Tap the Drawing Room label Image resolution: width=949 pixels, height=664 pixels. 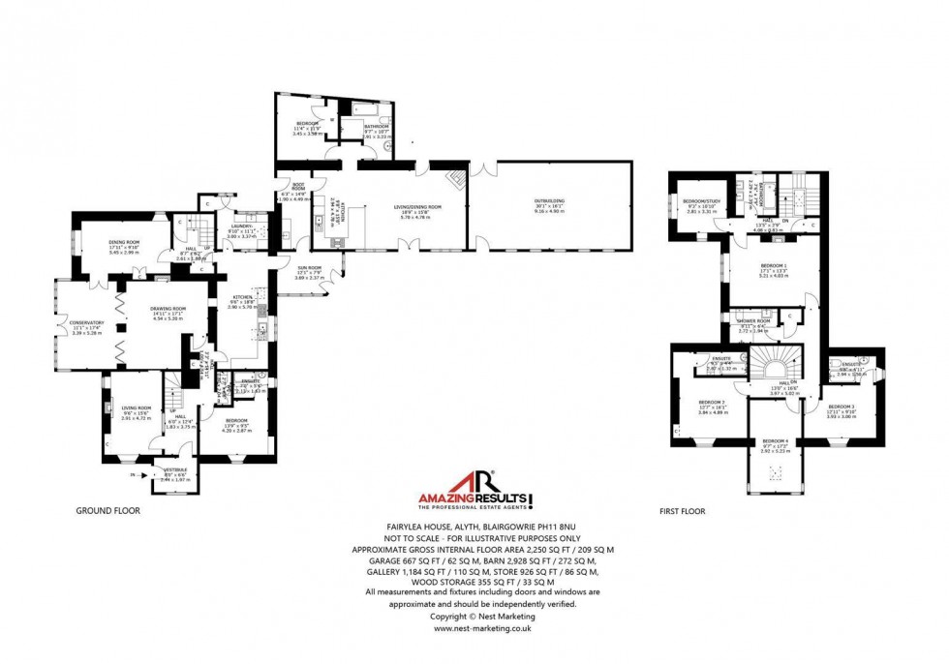tap(168, 309)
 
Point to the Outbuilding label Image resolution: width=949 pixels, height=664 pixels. tap(547, 202)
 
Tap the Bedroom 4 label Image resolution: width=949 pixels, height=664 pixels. tap(775, 441)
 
